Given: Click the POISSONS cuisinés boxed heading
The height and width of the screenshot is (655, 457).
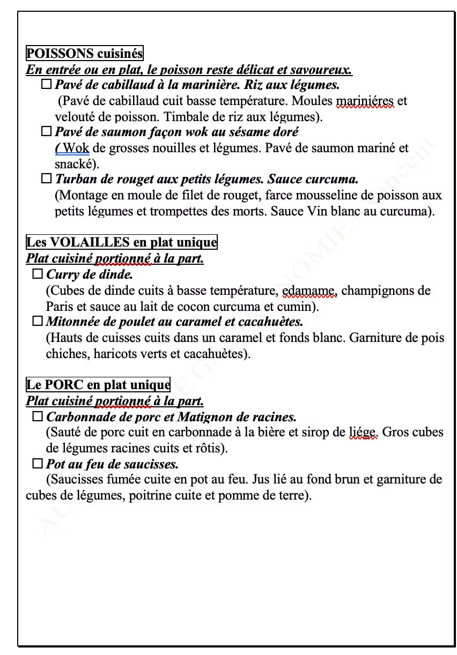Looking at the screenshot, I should coord(84,54).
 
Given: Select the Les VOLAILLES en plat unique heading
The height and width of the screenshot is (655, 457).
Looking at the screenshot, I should coord(121,242).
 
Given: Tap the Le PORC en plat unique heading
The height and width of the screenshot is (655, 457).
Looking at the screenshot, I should coord(98,385).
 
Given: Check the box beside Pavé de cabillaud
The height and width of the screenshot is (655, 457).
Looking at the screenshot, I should coord(46,85).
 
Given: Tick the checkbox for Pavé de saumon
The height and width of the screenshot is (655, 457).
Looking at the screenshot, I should coord(46,131).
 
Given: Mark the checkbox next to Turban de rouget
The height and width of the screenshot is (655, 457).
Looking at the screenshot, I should coord(46,178).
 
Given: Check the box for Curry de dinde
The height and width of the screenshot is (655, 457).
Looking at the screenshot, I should coord(38,274).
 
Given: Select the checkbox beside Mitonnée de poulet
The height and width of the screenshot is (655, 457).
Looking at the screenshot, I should coord(38,322).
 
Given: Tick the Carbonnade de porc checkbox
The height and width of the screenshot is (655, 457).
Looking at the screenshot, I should coord(38,416).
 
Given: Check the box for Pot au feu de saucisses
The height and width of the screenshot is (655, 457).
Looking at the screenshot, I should coord(38,464).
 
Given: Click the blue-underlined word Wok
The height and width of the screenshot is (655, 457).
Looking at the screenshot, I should coord(76,148).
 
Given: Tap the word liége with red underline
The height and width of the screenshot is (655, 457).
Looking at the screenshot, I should coord(363,433).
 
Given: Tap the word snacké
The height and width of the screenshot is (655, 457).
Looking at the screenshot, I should coord(75,164).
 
